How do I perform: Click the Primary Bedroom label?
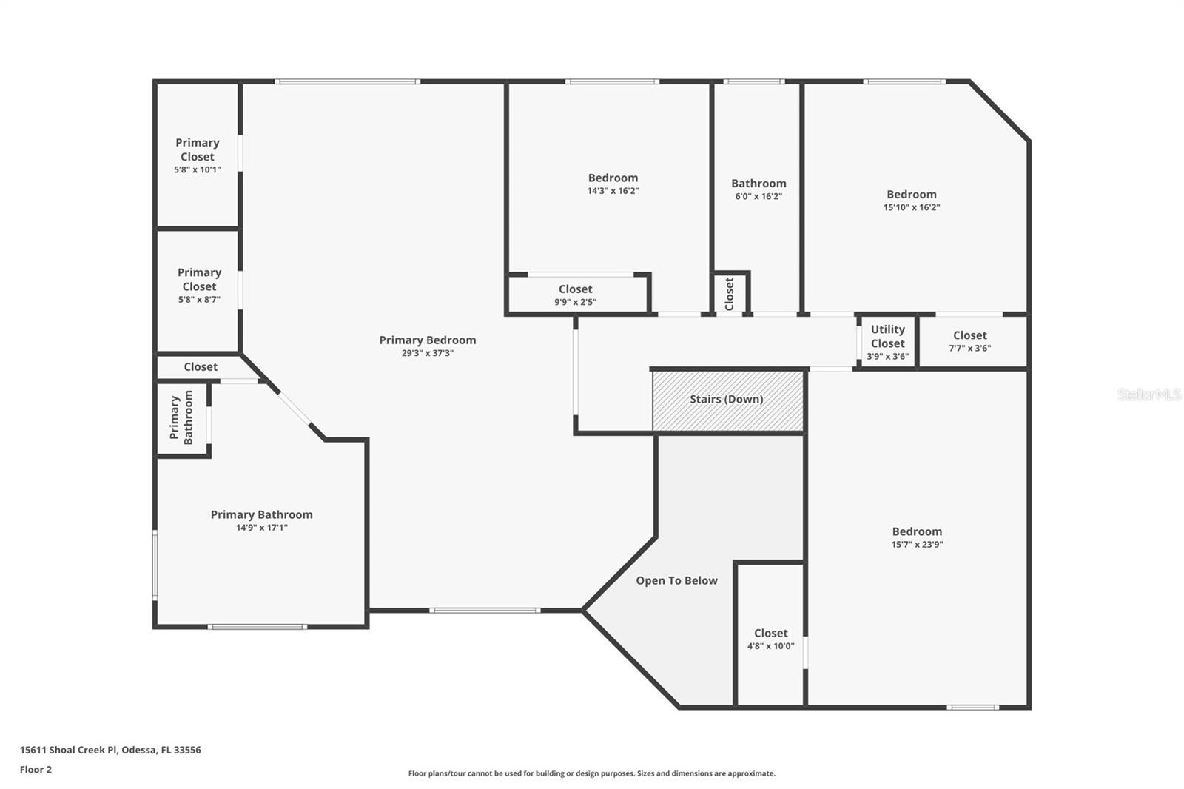coord(427,340)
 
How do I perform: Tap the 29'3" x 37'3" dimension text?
coord(427,353)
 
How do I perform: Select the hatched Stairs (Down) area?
coord(728,400)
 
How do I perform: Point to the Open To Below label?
coord(676,580)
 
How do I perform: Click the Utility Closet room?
coord(887,342)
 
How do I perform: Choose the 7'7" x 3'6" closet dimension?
coord(970,349)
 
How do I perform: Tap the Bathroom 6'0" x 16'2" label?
coord(758,189)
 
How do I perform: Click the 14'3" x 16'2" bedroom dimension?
coord(613,191)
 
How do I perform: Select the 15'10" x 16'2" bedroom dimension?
coord(912,207)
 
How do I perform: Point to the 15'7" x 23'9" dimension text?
coord(917,545)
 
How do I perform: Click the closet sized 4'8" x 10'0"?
coord(770,634)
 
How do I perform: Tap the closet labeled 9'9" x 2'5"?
coord(576,295)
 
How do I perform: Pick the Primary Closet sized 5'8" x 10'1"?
coord(197,155)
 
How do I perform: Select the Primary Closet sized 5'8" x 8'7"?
coord(199,292)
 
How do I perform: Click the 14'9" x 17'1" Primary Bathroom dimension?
coord(262,528)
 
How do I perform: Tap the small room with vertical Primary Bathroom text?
coord(182,417)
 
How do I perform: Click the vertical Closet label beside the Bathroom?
coord(730,294)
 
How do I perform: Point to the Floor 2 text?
coord(36,770)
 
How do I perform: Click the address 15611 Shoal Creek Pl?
coord(68,750)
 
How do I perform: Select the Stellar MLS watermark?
coord(1149,394)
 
